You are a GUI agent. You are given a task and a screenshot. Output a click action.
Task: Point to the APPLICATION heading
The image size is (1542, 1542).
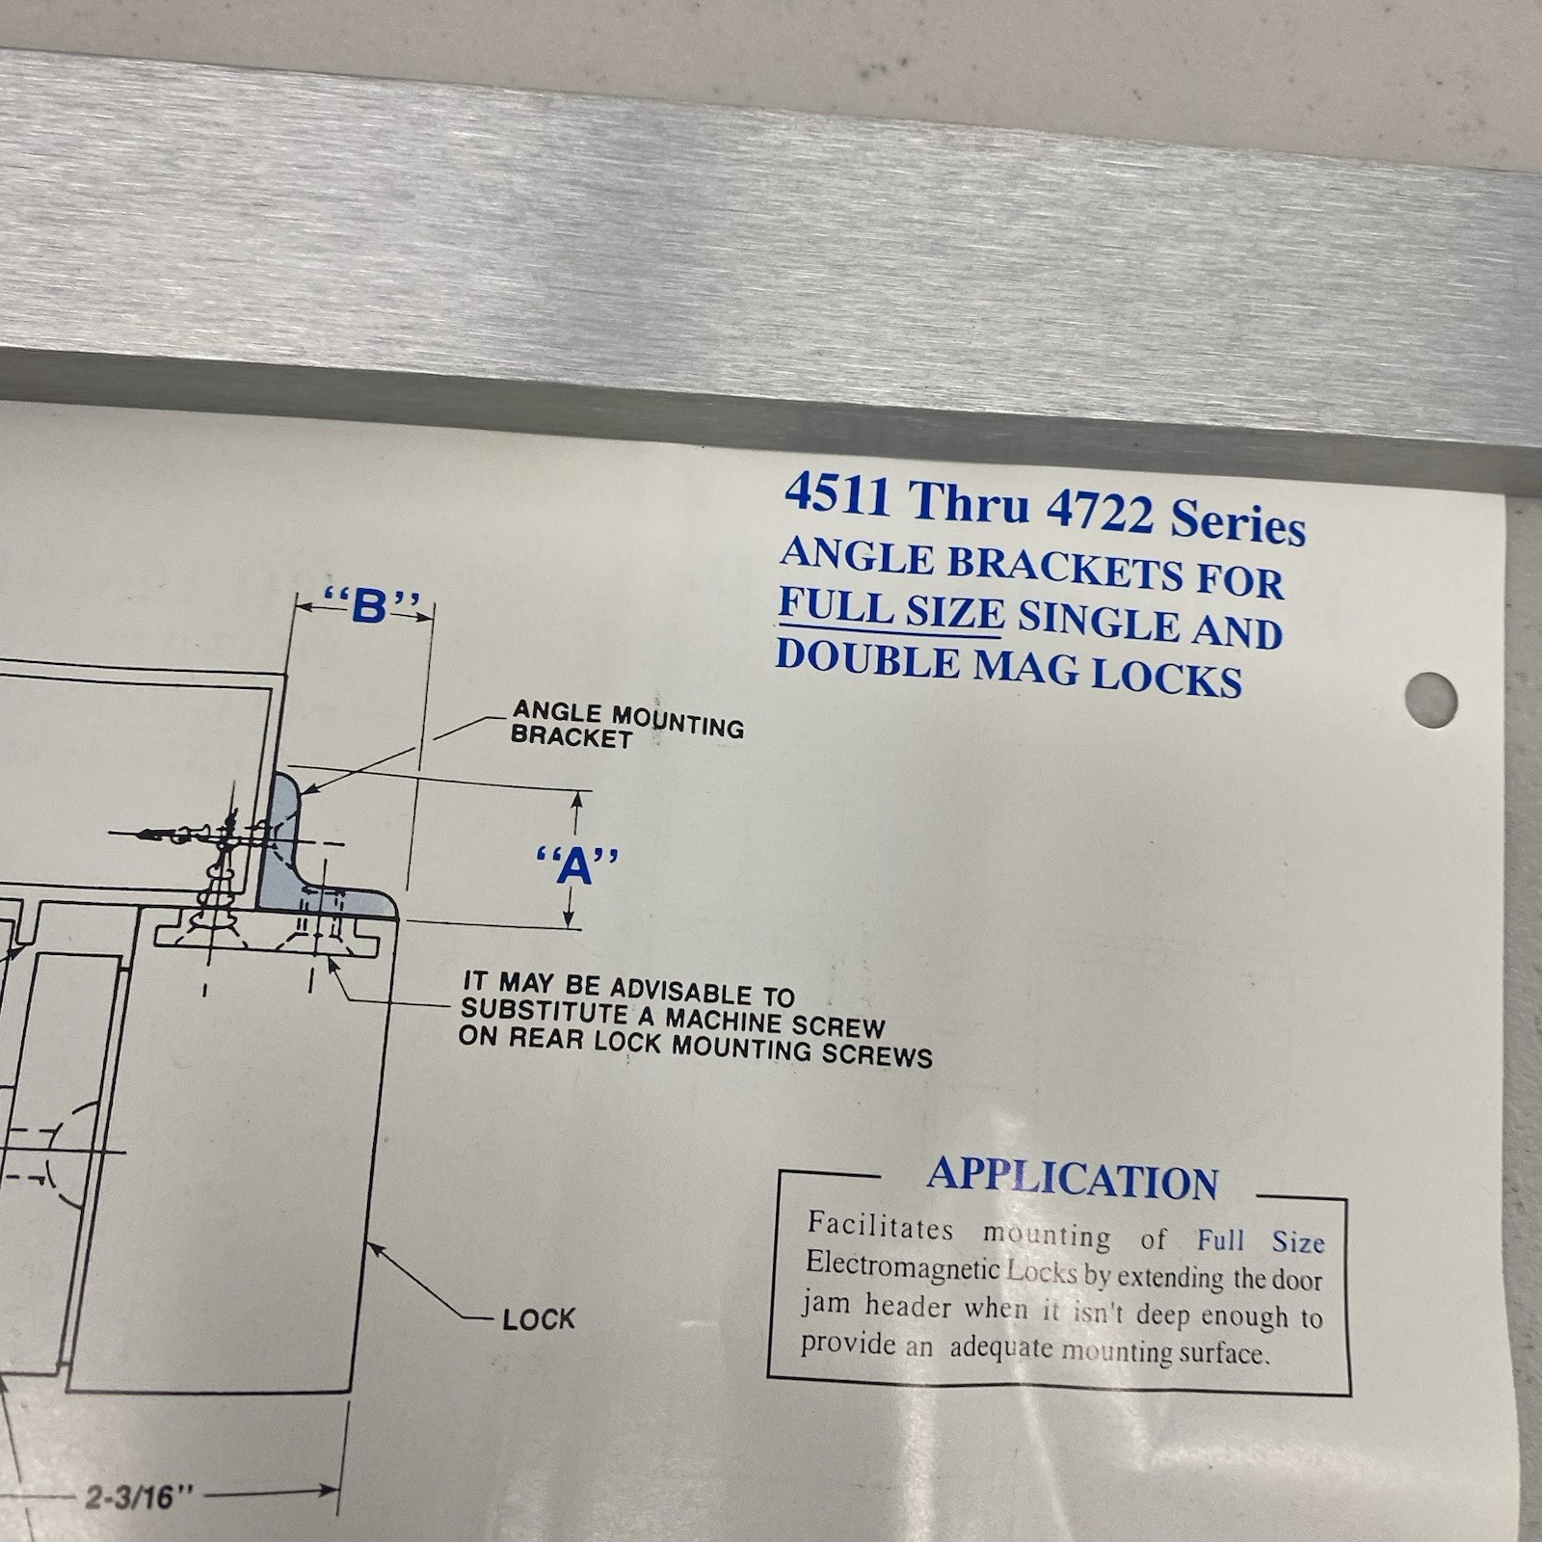point(1073,1179)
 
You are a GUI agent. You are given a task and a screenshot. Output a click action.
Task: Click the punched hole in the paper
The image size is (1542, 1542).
point(1430,699)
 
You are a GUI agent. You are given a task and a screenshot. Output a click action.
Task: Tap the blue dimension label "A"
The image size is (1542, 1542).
point(576,864)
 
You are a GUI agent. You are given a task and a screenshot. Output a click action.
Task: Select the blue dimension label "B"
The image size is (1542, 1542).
point(371,606)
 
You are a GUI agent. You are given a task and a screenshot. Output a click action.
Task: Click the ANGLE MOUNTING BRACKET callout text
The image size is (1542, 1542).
point(626,724)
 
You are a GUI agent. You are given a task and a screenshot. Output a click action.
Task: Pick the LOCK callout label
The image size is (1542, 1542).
point(538,1318)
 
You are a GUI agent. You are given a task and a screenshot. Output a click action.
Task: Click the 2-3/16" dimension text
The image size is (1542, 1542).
point(140,1497)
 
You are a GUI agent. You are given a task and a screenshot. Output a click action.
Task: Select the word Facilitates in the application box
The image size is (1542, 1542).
point(880,1226)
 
